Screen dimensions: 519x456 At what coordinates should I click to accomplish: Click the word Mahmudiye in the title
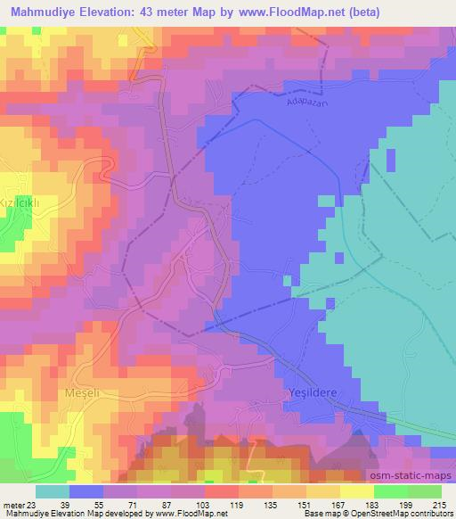(48, 13)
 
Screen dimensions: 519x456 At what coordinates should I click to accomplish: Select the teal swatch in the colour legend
(53, 491)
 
